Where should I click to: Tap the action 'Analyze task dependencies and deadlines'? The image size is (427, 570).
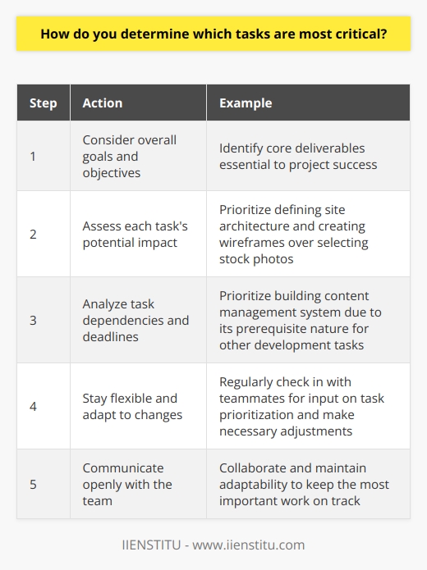coord(135,321)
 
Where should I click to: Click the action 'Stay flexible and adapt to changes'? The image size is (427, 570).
coord(131,407)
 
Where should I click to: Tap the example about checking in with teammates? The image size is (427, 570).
coord(304,407)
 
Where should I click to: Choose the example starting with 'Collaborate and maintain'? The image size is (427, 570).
coord(304,485)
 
